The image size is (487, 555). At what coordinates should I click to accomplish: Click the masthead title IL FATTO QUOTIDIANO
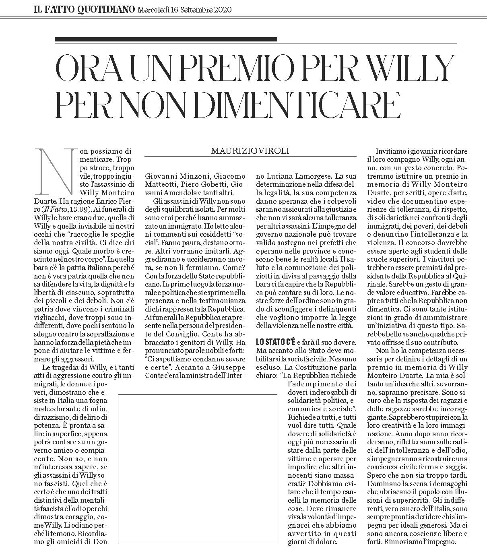84,9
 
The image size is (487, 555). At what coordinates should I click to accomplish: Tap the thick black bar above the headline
166,39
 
